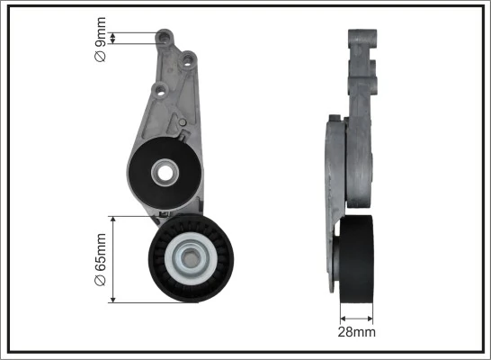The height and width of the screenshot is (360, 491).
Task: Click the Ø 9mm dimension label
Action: (101, 44)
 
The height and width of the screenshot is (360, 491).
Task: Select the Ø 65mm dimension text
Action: (101, 260)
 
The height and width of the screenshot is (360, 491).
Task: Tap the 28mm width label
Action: (357, 331)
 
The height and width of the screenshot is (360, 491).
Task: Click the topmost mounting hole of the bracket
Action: (165, 39)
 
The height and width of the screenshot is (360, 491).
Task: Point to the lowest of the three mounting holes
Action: (159, 90)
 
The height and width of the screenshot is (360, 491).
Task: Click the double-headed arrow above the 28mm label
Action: (357, 317)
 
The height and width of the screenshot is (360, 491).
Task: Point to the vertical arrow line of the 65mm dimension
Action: (112, 259)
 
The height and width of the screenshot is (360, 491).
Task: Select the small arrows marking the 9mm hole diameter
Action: (117, 38)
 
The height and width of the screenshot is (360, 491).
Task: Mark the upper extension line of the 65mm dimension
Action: (135, 216)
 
